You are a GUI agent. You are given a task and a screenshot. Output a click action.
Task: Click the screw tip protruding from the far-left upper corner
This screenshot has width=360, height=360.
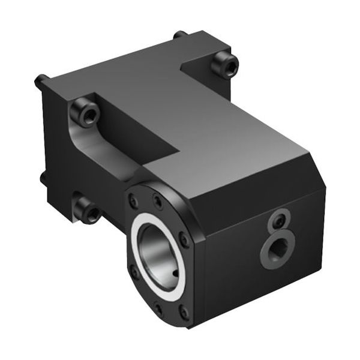pos(40,79)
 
